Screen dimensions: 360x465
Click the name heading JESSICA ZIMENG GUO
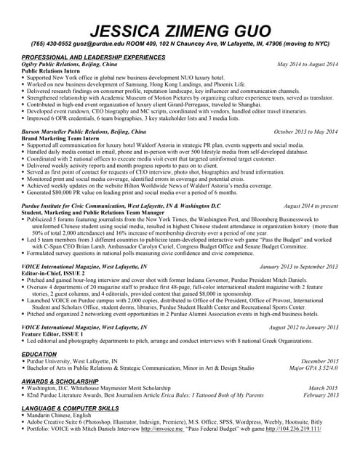(x=180, y=31)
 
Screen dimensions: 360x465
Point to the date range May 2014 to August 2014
(x=308, y=65)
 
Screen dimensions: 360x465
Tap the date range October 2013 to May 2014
(x=305, y=132)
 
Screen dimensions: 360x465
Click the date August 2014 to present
(x=311, y=206)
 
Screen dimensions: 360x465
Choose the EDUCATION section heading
(x=39, y=354)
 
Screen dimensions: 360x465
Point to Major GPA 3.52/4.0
(x=313, y=368)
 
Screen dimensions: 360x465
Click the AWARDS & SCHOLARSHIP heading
(x=60, y=381)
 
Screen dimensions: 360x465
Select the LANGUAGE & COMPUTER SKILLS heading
(x=70, y=408)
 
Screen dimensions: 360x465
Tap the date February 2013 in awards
(x=320, y=395)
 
